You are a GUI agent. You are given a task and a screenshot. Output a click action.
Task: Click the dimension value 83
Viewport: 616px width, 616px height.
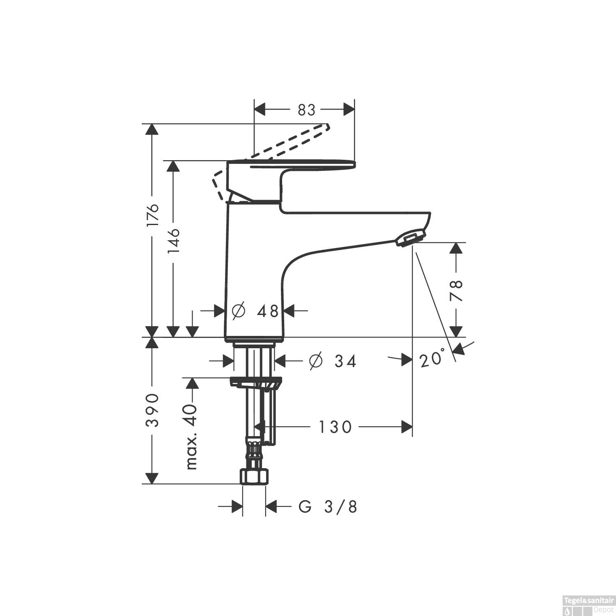pos(306,110)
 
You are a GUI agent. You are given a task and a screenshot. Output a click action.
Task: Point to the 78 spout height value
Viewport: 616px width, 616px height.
pos(456,290)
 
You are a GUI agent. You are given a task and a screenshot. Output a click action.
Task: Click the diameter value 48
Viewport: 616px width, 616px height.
pos(268,311)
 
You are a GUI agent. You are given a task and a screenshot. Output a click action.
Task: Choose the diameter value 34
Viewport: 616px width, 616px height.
pos(345,361)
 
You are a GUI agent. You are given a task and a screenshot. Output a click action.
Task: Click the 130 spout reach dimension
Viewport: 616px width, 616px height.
pos(336,427)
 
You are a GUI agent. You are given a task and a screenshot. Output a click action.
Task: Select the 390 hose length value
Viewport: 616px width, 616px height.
pos(152,410)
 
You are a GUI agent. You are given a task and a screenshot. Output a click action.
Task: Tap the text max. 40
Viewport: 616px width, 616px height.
pos(191,437)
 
